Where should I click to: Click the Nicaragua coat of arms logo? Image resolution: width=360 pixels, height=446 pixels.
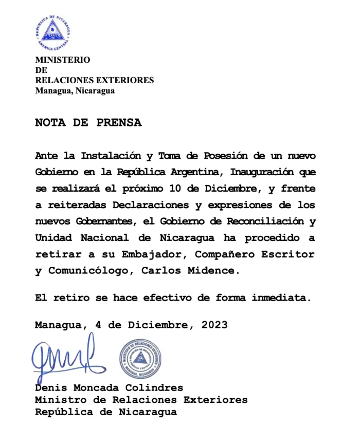[52, 32]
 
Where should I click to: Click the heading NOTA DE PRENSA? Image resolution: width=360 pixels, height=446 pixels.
[88, 123]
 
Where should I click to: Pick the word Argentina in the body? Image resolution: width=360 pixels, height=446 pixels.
[197, 172]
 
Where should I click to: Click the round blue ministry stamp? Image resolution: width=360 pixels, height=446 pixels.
[141, 359]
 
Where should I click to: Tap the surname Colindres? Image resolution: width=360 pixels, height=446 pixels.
[156, 388]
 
